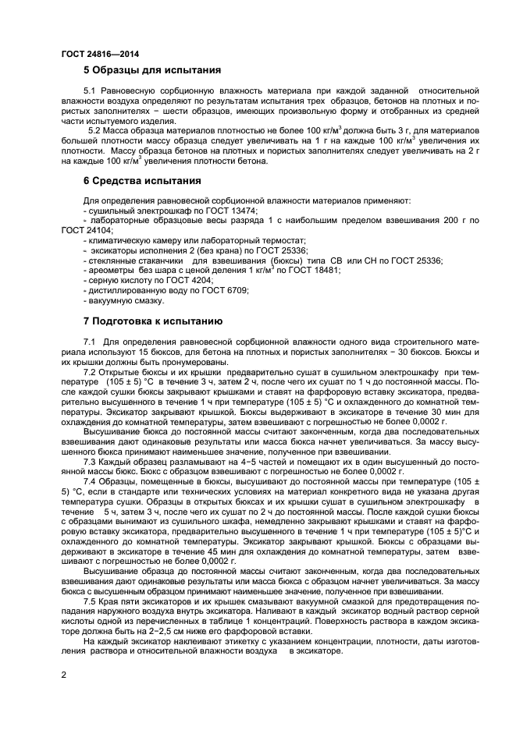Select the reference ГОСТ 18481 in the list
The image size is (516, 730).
coord(311,270)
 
